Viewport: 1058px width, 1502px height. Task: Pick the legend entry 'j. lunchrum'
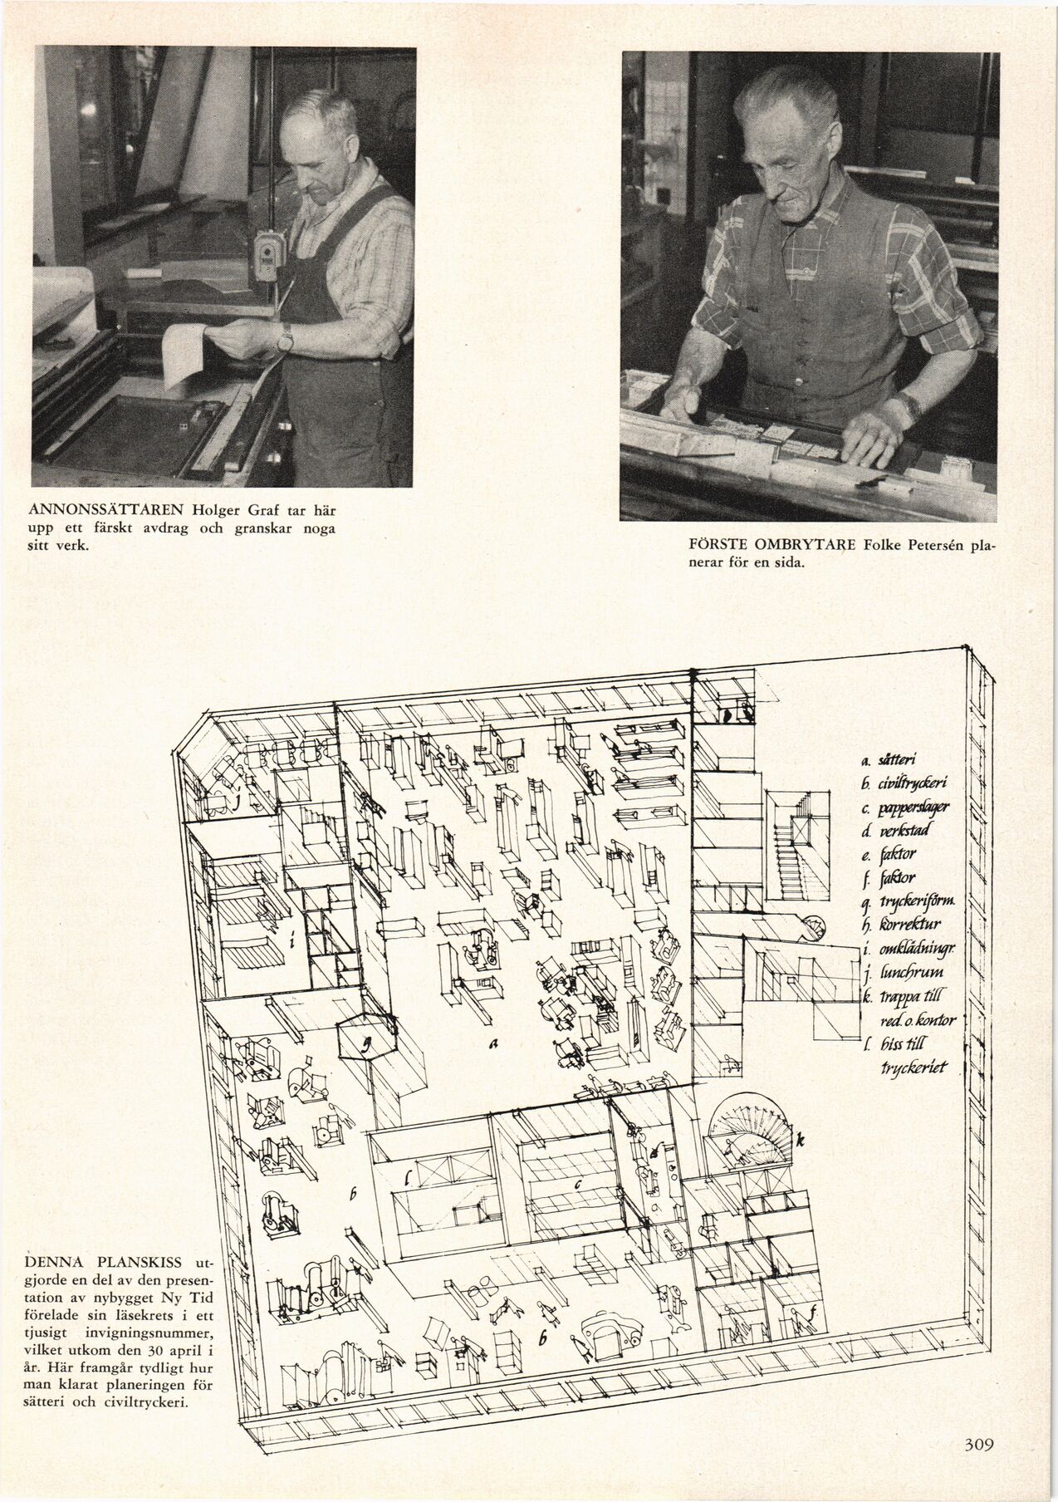(x=899, y=971)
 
